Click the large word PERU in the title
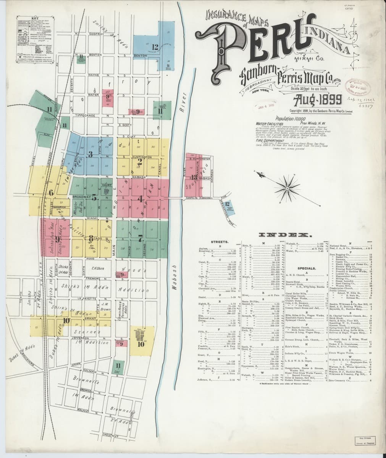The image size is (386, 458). pos(263,42)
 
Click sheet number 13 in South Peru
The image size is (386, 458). pos(195,177)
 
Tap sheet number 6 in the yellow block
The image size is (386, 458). pos(51,192)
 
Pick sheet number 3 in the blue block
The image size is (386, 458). pos(90,154)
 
